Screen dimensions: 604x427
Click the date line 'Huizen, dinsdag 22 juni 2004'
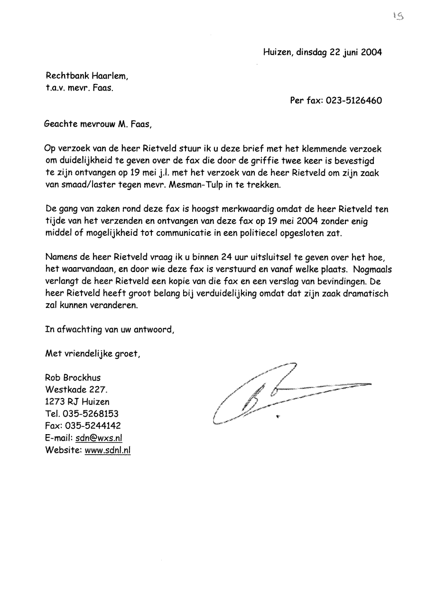tap(322, 53)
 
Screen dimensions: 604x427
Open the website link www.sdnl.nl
tap(107, 450)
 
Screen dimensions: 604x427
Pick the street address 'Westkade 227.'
tap(76, 390)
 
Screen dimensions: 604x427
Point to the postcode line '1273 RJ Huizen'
tap(77, 402)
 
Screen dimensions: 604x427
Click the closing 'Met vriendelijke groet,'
tap(93, 353)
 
